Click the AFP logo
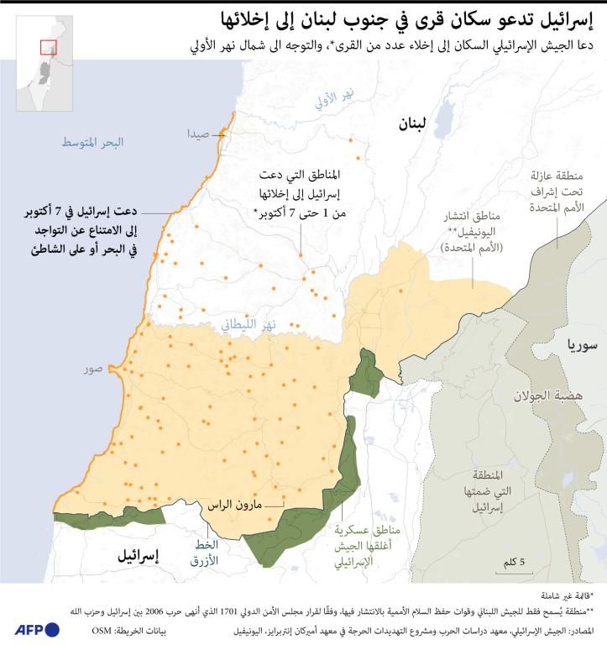point(36,629)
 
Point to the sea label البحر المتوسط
point(92,143)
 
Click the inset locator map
point(43,64)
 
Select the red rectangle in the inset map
point(49,47)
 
